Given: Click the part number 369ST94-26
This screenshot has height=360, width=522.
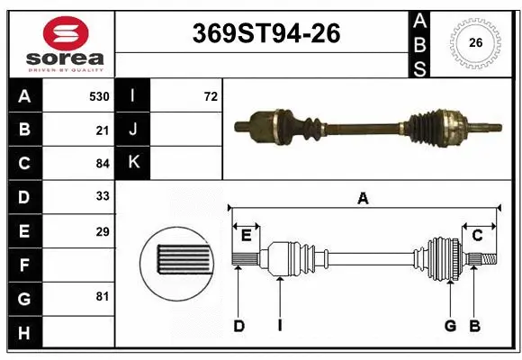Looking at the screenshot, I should [267, 34].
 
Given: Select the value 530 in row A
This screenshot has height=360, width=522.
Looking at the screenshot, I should [99, 96].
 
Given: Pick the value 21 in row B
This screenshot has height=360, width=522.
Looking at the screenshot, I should [103, 130].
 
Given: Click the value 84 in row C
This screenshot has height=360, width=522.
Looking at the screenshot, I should [103, 164].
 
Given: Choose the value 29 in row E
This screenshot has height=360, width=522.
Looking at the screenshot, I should [103, 231].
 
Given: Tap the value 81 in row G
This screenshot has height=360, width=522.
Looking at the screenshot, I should [103, 296].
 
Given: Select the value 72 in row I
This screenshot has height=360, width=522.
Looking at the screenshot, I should [211, 96].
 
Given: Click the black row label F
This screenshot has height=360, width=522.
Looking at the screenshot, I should [24, 265].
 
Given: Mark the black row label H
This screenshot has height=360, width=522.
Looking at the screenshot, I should [24, 333].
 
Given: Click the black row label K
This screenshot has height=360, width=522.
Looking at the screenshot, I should [132, 164].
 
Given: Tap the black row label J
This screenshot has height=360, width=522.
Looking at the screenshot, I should [132, 130].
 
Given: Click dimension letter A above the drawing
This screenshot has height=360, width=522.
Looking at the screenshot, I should [363, 199].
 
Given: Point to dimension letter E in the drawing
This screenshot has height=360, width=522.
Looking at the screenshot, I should [246, 236].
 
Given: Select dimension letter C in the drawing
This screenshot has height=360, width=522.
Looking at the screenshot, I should [477, 236].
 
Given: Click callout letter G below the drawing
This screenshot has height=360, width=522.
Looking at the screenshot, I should [449, 326].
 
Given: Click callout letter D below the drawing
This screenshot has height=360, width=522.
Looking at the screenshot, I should [239, 326].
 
